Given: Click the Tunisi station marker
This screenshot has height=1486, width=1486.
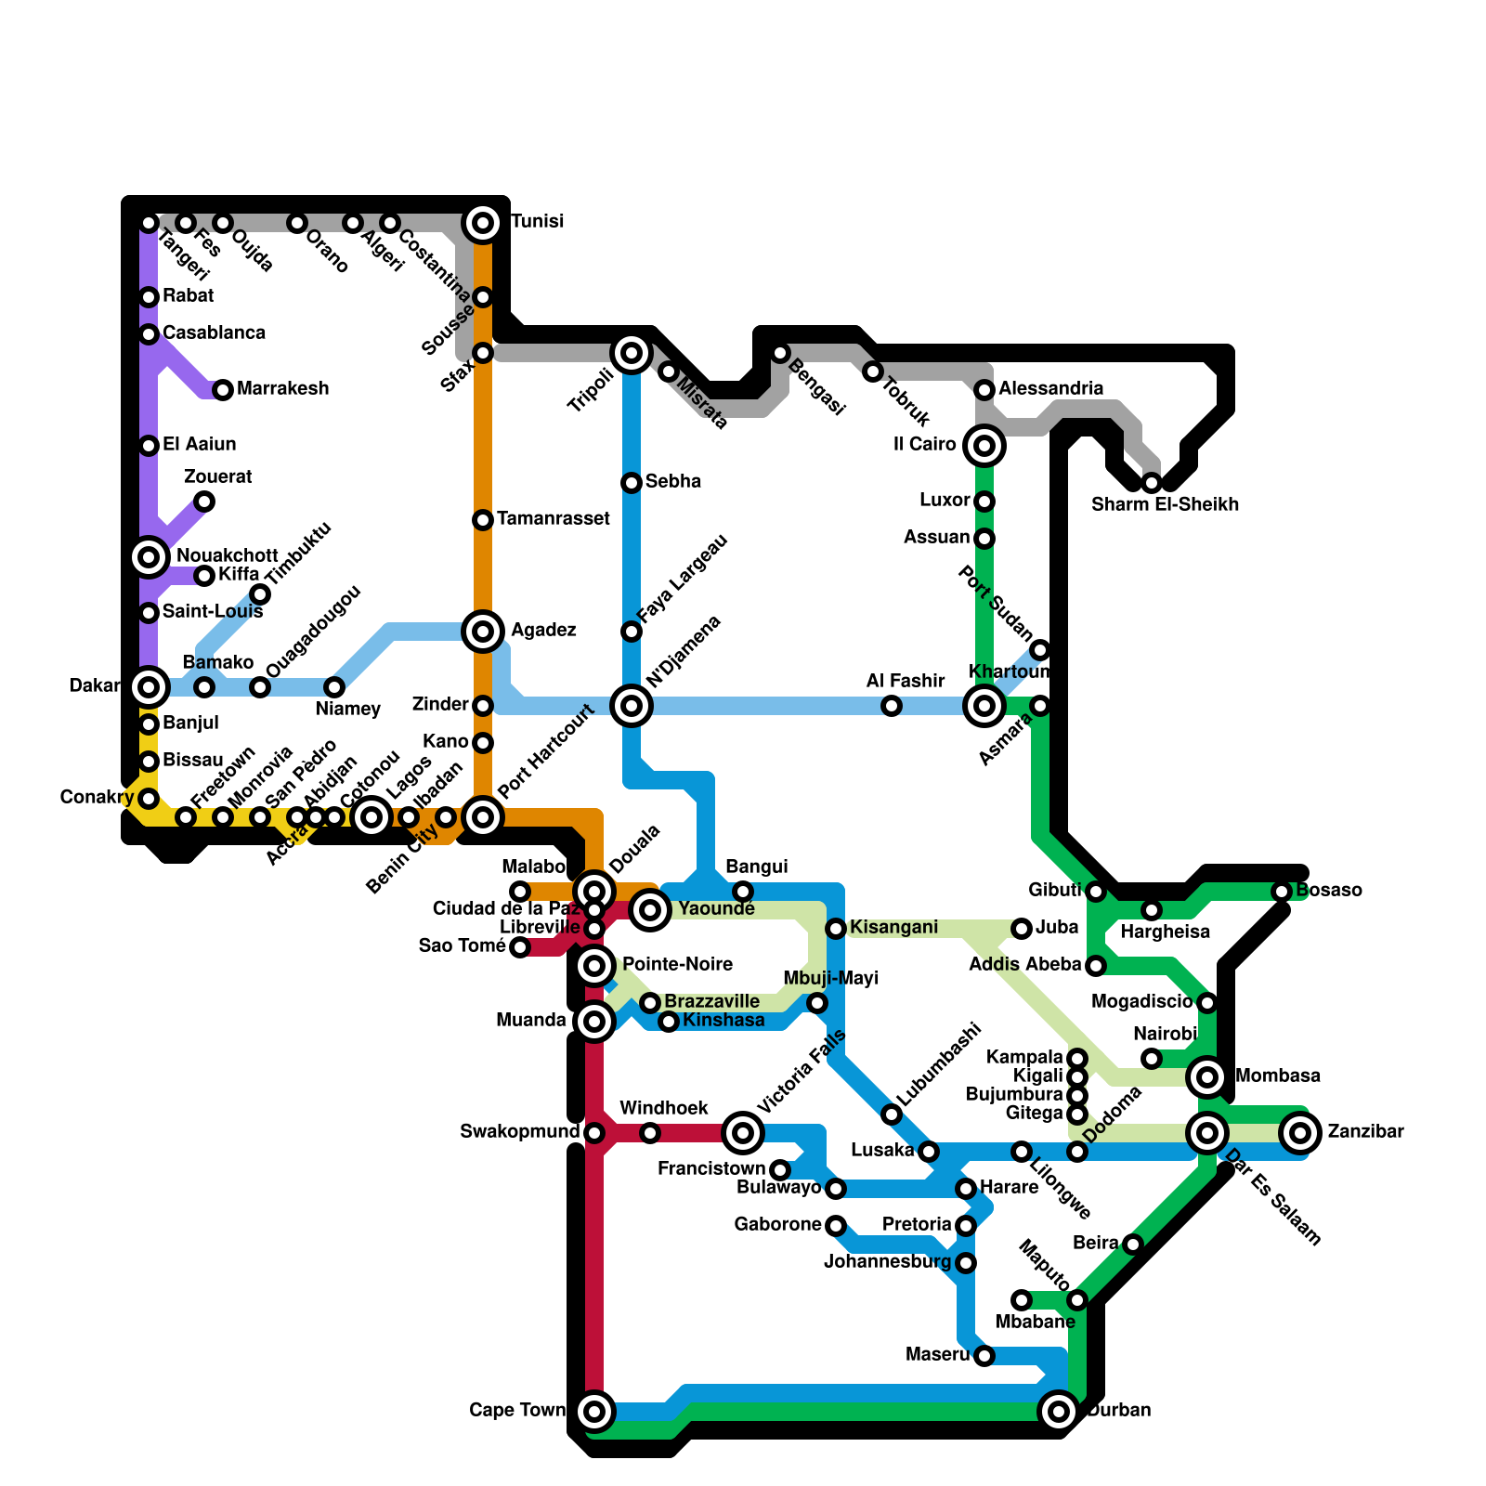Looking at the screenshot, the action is click(483, 223).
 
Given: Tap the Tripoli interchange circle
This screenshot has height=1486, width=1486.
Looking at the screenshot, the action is click(632, 353).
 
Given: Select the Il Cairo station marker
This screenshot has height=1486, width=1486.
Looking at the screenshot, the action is click(984, 446).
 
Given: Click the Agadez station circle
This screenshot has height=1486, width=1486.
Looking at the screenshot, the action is click(483, 632).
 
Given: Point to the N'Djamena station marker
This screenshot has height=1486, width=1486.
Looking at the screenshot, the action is click(632, 706).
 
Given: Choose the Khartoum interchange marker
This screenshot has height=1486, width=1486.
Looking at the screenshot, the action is click(984, 706).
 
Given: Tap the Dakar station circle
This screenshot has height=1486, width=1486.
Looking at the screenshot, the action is click(149, 687).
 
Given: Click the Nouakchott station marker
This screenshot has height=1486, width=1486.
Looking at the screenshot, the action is click(149, 557).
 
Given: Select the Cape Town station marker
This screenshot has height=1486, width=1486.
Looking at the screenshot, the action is click(595, 1412).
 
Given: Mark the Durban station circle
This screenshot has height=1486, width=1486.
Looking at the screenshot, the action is click(1059, 1412).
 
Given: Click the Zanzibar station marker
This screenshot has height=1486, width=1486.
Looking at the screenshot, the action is click(1300, 1133).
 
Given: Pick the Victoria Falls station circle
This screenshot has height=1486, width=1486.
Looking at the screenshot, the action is click(743, 1133).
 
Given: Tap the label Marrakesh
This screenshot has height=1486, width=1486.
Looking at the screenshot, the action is click(282, 389).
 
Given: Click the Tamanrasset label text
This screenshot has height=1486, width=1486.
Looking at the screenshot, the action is click(553, 519).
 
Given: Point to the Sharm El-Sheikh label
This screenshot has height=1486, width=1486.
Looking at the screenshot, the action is click(1165, 505).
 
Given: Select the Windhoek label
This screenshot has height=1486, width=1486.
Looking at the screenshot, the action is click(663, 1109).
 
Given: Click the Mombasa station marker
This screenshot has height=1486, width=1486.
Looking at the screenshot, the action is click(1207, 1077).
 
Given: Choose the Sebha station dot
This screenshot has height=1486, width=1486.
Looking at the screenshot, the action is click(632, 483).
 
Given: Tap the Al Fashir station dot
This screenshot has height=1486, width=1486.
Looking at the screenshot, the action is click(892, 706).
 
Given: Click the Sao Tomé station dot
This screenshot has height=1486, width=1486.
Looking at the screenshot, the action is click(520, 947).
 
